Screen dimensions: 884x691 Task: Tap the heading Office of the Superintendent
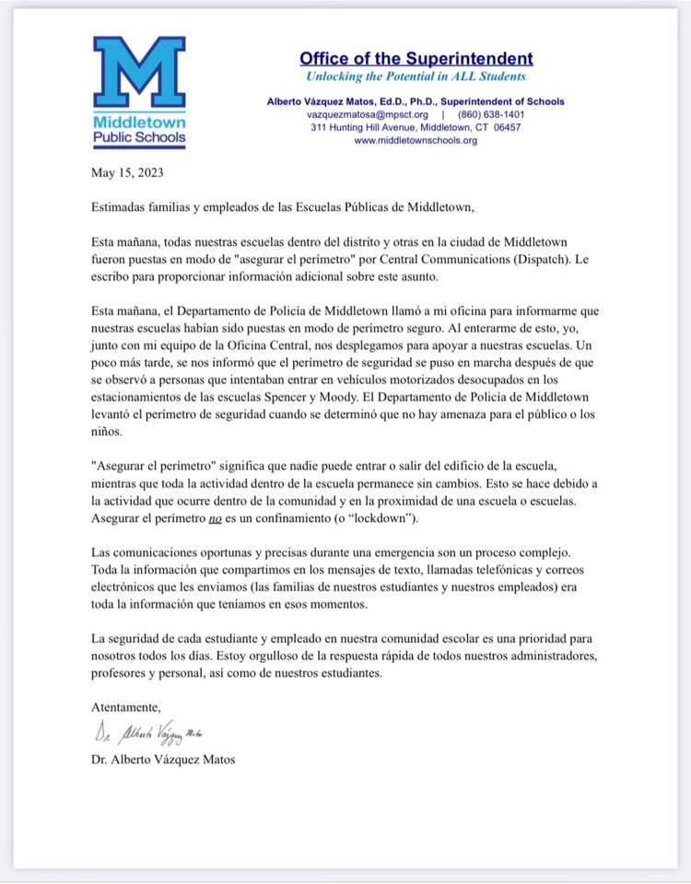(x=416, y=58)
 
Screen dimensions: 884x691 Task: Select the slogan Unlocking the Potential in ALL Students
(x=416, y=77)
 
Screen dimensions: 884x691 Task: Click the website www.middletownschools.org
(x=416, y=141)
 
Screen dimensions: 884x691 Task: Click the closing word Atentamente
(x=126, y=707)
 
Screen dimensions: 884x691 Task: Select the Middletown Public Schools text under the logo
(x=139, y=130)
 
